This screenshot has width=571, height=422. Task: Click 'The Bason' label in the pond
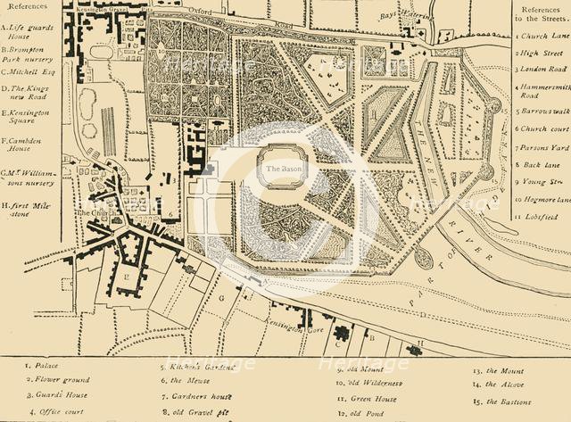coord(278,170)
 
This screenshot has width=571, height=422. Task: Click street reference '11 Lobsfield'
coord(542,215)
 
